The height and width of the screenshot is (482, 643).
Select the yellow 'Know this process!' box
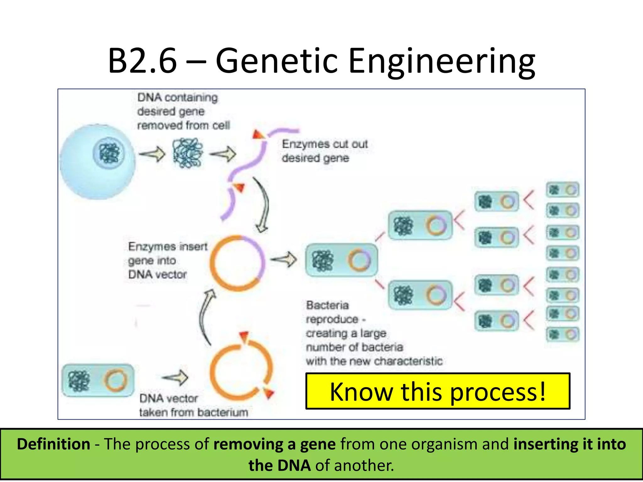(438, 391)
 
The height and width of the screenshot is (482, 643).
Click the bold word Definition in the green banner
(54, 444)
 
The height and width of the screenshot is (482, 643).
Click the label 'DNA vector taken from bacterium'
(193, 405)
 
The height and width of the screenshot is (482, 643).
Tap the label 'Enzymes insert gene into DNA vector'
(167, 260)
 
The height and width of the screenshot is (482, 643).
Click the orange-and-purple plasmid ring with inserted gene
(237, 263)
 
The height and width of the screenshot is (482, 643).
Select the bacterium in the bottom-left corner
(98, 381)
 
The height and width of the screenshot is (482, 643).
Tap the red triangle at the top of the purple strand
(258, 135)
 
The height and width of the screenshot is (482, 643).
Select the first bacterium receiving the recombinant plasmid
(341, 260)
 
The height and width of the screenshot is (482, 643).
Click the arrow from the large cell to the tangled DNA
(152, 154)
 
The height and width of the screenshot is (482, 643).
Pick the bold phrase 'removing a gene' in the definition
(274, 444)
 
